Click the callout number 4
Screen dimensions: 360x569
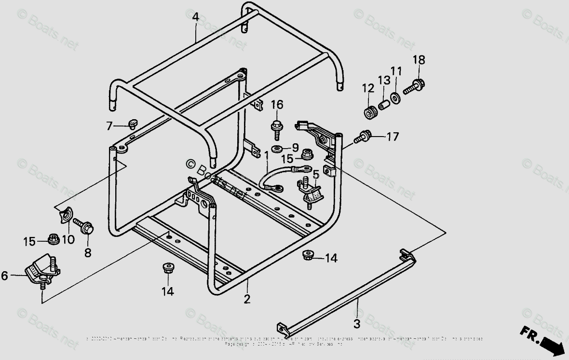[195, 17]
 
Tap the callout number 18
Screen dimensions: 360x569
[419, 60]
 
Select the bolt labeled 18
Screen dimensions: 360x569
[414, 87]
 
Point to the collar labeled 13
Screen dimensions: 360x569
[383, 104]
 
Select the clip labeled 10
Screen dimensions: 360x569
[64, 216]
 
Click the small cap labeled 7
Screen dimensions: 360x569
[132, 125]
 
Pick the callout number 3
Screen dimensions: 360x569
[357, 324]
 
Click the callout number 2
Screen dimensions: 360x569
[247, 299]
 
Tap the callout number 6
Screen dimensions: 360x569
[5, 276]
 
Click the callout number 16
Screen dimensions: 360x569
[277, 105]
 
